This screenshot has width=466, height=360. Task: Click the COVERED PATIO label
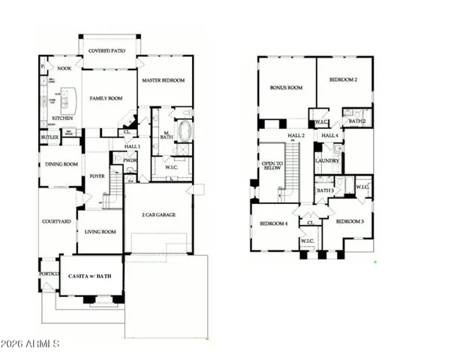(x=110, y=51)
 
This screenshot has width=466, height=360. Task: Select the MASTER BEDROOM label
(x=164, y=80)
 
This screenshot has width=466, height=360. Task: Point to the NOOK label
(x=65, y=67)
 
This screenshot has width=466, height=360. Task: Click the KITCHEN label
(x=62, y=118)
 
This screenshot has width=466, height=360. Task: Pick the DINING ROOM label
(x=62, y=164)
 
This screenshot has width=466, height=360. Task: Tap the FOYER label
(x=98, y=177)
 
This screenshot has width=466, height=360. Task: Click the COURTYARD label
(x=57, y=222)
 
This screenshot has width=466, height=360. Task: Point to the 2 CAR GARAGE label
(x=158, y=214)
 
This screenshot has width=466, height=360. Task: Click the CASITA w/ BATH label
(x=91, y=277)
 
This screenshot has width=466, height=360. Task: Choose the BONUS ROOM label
(x=286, y=88)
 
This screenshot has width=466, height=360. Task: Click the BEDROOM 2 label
(x=344, y=79)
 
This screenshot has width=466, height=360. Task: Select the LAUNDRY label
(x=327, y=160)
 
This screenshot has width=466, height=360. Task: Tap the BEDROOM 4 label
(x=274, y=223)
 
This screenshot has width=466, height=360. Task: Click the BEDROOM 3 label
(x=350, y=222)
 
